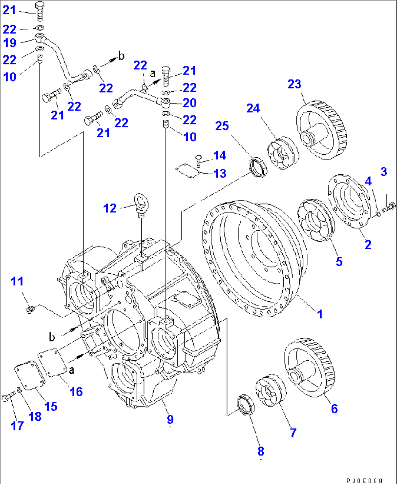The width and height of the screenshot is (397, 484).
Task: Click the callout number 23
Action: click(294, 84)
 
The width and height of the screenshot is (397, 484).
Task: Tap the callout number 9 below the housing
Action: click(170, 419)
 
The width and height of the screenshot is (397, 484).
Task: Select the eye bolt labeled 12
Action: click(141, 204)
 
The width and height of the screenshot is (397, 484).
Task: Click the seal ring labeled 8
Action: click(245, 403)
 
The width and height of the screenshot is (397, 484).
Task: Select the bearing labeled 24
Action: click(283, 153)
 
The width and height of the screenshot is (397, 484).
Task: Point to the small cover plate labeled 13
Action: click(187, 171)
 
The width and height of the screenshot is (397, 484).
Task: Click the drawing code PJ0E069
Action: click(364, 480)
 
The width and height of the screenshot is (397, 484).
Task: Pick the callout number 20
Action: click(189, 103)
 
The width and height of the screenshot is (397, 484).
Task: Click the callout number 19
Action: click(10, 43)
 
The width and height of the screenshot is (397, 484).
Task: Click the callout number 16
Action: click(76, 392)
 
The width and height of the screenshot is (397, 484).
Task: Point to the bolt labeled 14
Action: click(198, 160)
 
